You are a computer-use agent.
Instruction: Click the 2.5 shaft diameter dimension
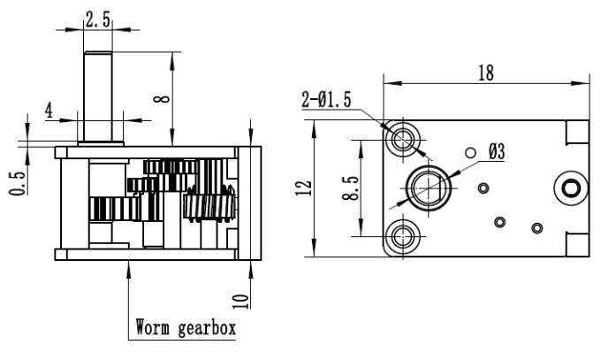(97, 17)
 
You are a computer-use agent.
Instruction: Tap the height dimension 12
(303, 187)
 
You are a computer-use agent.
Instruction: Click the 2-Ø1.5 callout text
(326, 101)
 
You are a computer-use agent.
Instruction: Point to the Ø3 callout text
(495, 152)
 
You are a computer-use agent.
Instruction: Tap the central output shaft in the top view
(428, 187)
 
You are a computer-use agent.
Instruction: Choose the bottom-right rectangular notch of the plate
(574, 243)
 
